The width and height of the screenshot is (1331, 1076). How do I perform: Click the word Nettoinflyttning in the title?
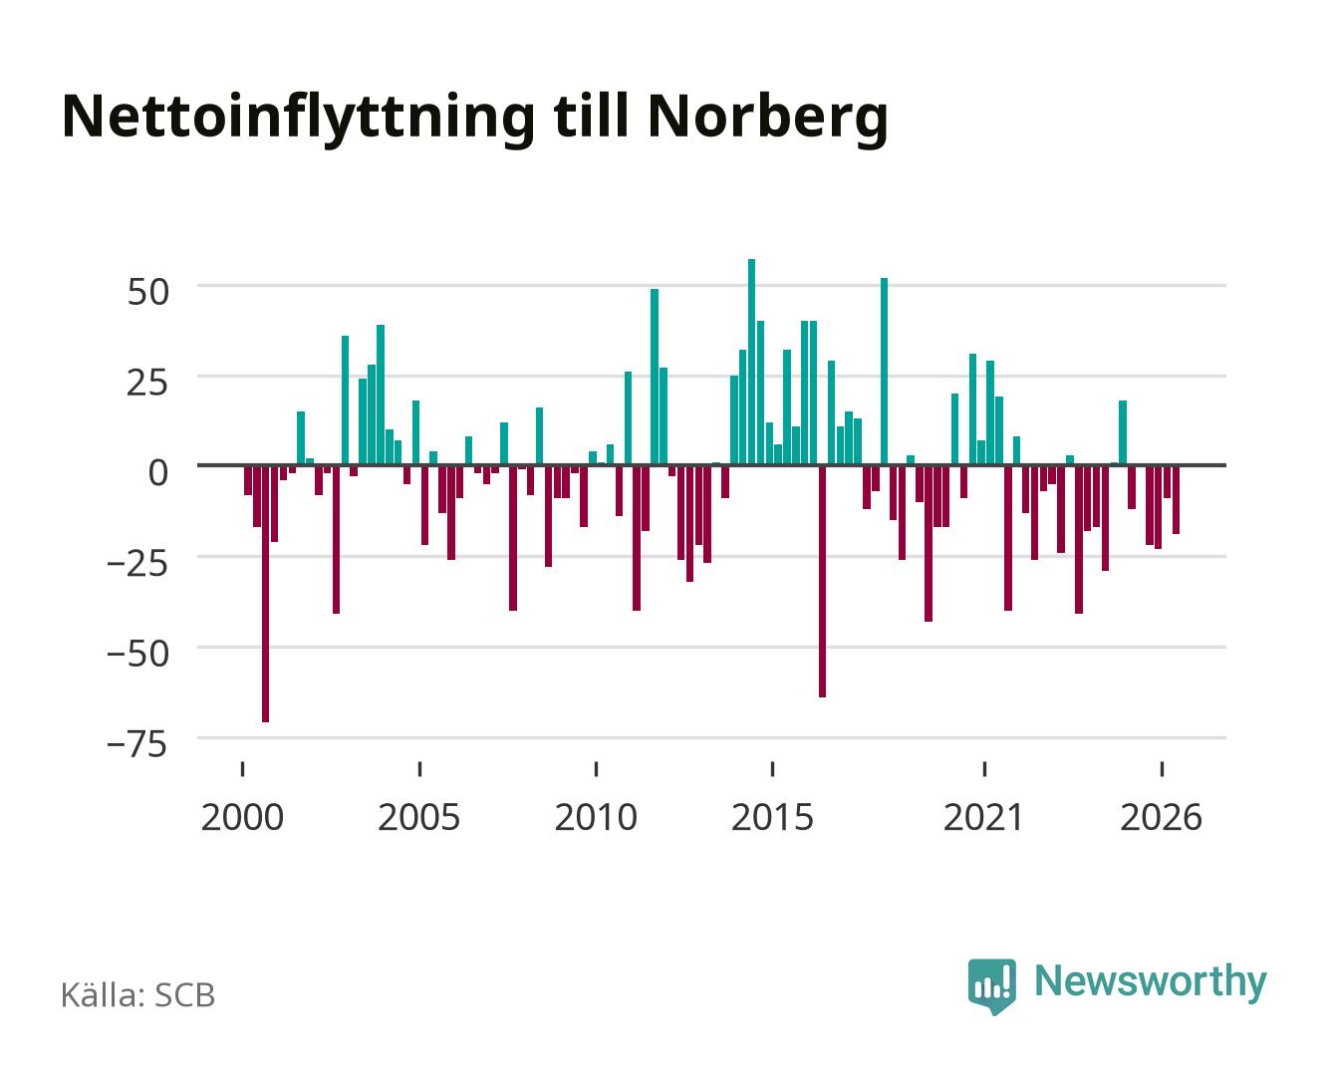click(x=298, y=119)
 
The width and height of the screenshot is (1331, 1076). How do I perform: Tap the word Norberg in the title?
click(x=767, y=119)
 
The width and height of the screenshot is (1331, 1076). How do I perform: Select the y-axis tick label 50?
click(x=147, y=292)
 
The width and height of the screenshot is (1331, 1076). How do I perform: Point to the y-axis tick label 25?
click(x=147, y=383)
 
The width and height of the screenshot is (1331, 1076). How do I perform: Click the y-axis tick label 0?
click(x=158, y=472)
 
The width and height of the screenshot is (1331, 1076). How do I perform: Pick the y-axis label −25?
click(x=137, y=563)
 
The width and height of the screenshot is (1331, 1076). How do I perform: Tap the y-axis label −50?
click(x=137, y=654)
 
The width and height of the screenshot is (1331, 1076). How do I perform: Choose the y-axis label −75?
click(x=137, y=744)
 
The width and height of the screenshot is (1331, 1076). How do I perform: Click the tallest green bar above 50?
click(x=752, y=362)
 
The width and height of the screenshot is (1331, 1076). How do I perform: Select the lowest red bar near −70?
click(x=266, y=594)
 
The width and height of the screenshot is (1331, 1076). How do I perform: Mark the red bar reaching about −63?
click(x=822, y=581)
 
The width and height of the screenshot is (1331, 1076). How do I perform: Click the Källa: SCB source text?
click(x=138, y=994)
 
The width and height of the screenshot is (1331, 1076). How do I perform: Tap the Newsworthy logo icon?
click(x=991, y=986)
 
